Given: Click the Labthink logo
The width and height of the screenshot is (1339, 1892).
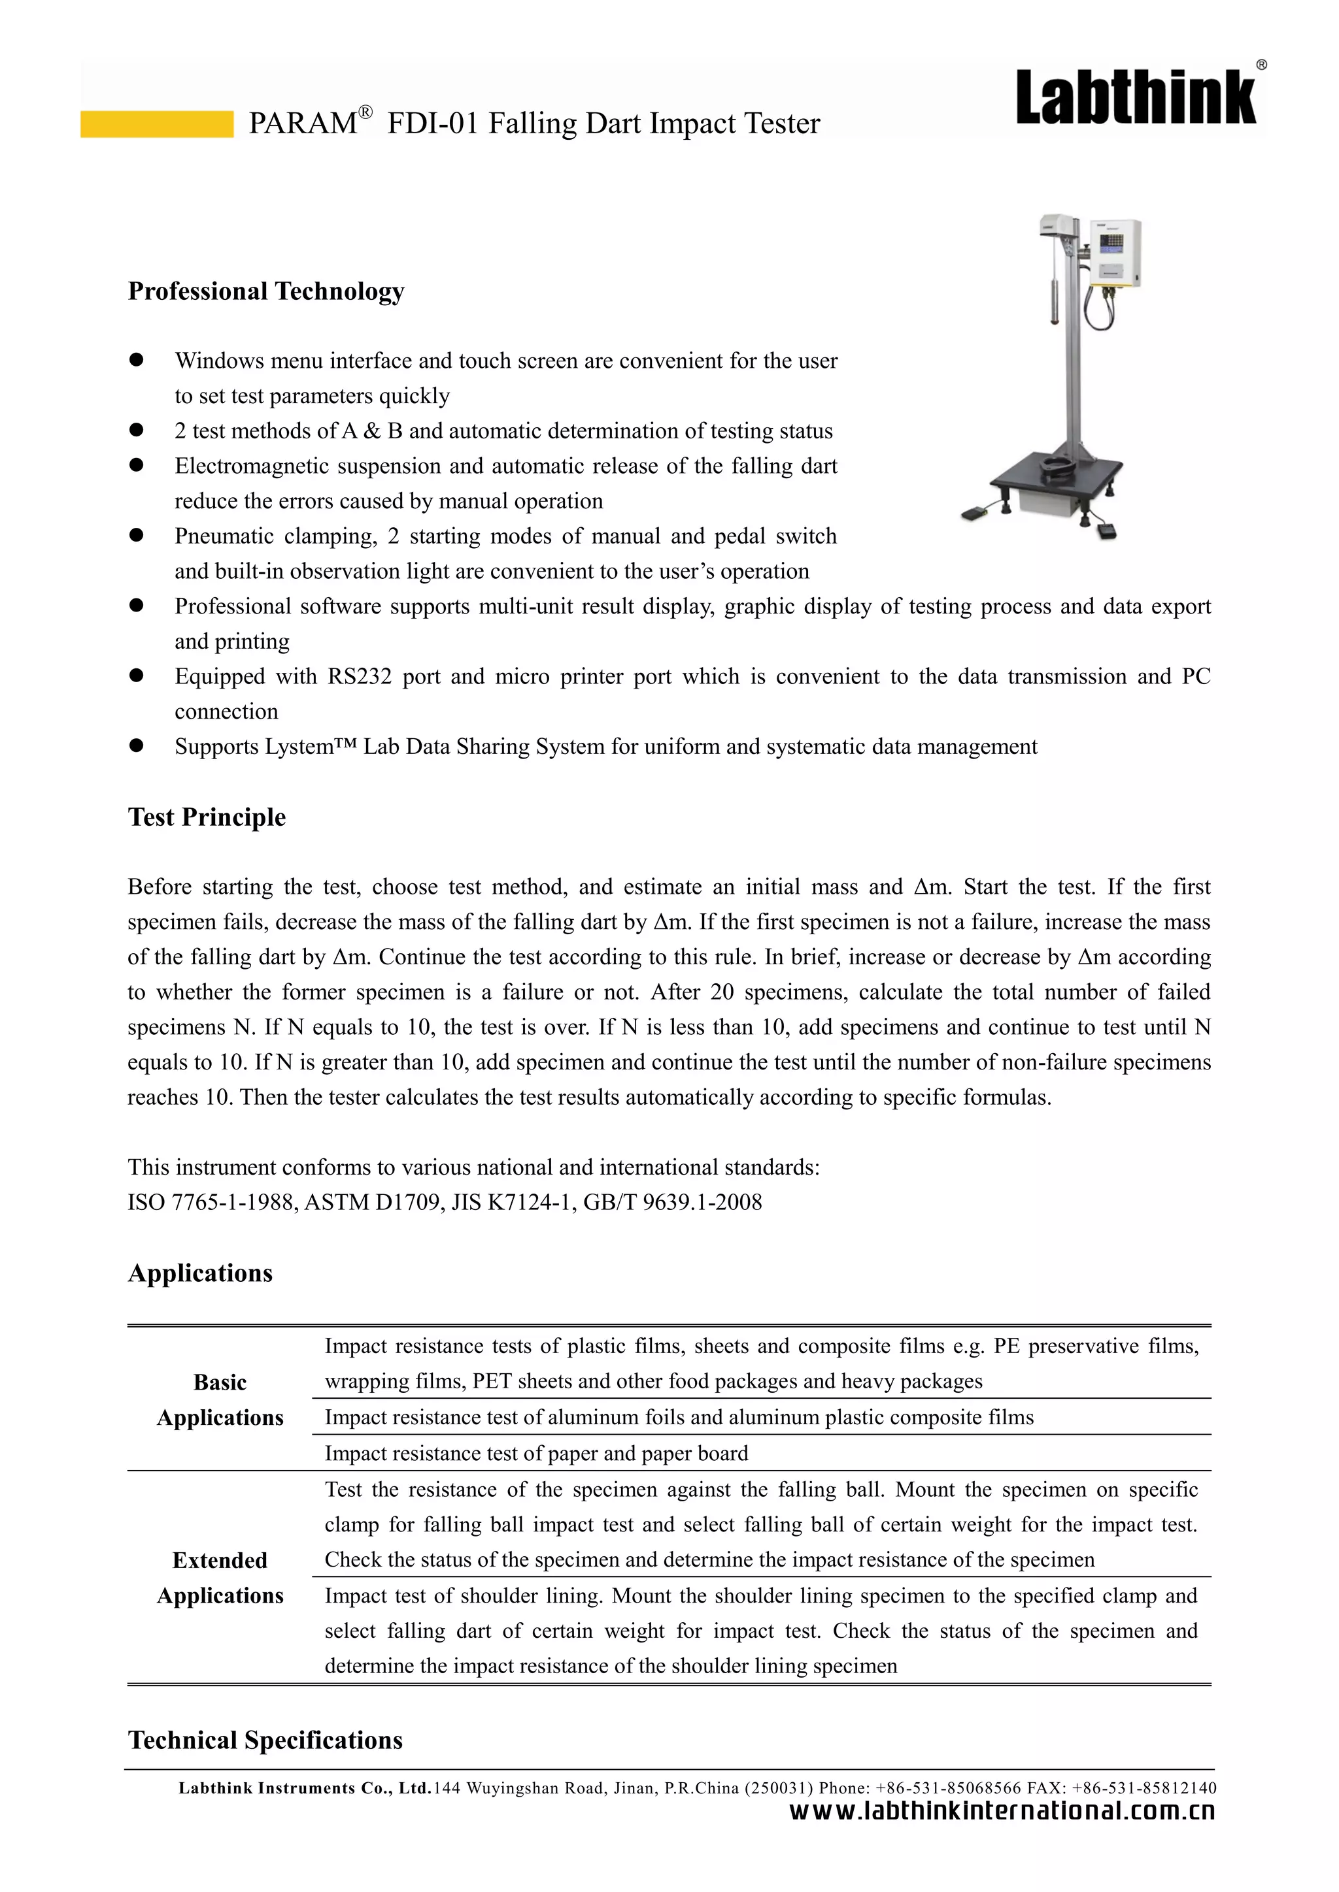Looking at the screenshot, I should coord(1136,98).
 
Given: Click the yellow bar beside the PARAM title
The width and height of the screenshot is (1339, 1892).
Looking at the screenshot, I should coord(157,123).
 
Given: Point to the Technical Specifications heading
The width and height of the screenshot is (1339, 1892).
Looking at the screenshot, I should coord(265,1740).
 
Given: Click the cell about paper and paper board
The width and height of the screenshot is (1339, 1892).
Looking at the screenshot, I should coord(536,1453).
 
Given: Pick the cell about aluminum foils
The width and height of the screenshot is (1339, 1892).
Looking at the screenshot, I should coord(678,1416).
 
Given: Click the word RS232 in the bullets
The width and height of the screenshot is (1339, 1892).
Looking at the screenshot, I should coord(359,677).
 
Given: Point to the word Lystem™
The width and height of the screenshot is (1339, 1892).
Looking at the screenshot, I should coord(313,747).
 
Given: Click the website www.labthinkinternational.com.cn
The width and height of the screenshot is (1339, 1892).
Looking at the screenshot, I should coord(1002,1811).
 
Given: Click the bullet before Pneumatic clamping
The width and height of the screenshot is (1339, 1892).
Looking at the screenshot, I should coord(137,536).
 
